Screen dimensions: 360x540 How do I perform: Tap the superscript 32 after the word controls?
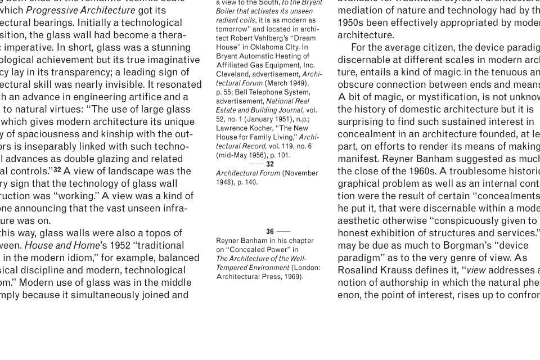[57, 170]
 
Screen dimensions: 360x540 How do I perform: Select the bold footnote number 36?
[270, 232]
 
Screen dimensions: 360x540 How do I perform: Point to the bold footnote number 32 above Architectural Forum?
[270, 164]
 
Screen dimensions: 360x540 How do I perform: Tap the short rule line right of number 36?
[283, 232]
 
